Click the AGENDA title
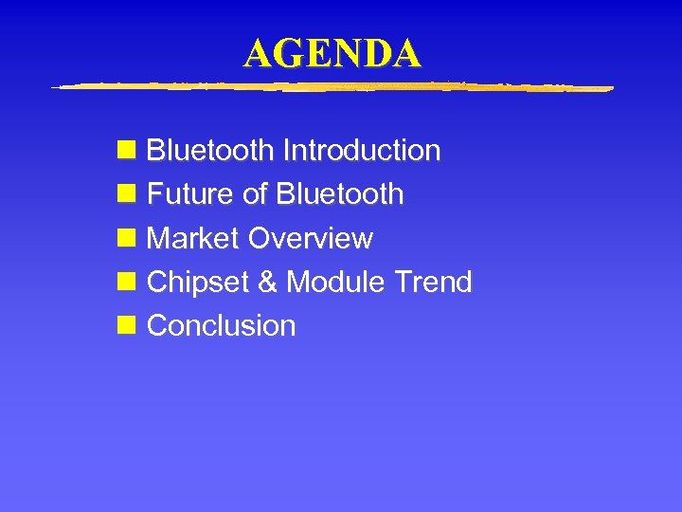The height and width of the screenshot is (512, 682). (332, 54)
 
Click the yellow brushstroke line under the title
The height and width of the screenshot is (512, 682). (332, 87)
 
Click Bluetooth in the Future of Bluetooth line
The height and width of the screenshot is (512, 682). (340, 194)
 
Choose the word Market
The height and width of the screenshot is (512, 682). (194, 238)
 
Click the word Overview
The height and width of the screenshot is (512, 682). (311, 238)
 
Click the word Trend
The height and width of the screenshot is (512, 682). (434, 282)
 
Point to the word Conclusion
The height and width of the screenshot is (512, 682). (222, 325)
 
